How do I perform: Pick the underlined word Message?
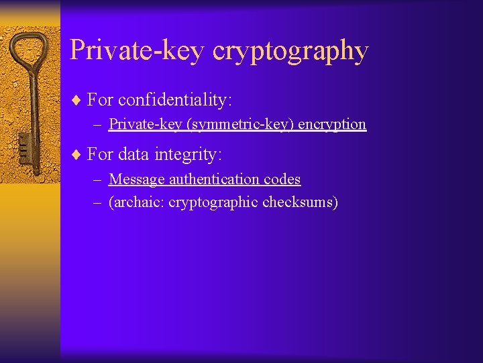click(137, 179)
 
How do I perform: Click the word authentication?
click(217, 179)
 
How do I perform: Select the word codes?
click(284, 179)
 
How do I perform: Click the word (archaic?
click(137, 202)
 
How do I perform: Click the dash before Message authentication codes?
click(98, 179)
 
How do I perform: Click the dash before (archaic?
click(98, 202)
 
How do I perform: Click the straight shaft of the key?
click(30, 108)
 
